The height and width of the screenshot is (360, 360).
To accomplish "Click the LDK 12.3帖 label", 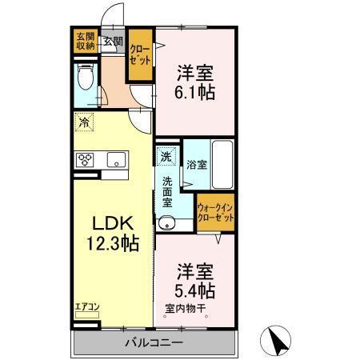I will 114,233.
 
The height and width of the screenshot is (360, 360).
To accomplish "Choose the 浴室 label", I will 197,166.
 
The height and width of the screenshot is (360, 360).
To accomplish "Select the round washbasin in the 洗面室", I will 166,223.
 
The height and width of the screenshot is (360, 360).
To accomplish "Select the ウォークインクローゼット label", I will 215,213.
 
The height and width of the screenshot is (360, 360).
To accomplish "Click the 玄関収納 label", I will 86,41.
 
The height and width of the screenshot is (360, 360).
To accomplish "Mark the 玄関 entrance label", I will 112,42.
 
